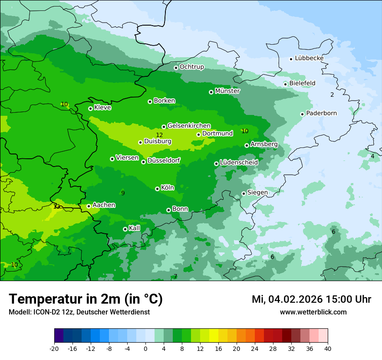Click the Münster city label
[x=227, y=91]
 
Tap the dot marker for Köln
[x=157, y=189]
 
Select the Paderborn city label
[x=322, y=113]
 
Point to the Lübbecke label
[x=309, y=58]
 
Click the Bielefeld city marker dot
[x=285, y=84]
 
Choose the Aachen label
[x=104, y=205]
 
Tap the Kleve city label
[x=103, y=108]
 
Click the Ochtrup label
[x=192, y=67]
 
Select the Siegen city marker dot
[x=244, y=193]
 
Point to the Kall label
[x=135, y=228]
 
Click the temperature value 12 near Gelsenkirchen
[x=159, y=135]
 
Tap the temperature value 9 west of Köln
[x=123, y=193]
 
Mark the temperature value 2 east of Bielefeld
[x=332, y=95]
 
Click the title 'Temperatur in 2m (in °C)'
[x=86, y=299]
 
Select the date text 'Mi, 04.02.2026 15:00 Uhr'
[x=311, y=299]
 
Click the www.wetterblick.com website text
[x=313, y=312]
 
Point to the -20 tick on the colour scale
[x=54, y=348]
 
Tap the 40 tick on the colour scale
[x=328, y=348]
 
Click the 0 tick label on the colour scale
[x=145, y=348]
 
